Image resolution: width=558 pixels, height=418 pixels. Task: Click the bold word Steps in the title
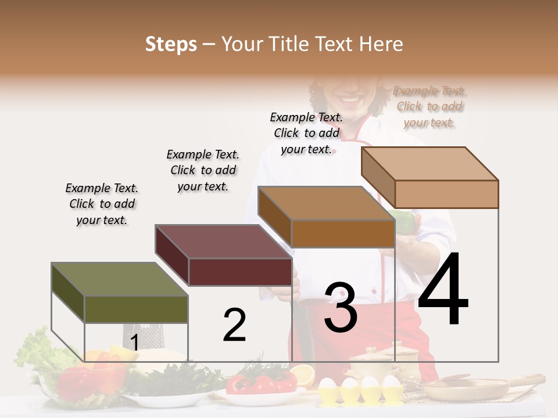[x=171, y=44]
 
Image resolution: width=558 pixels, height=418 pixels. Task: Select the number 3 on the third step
[x=341, y=308]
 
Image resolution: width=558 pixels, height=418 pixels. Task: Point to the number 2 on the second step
[x=234, y=325]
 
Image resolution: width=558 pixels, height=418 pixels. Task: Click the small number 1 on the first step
[x=134, y=343]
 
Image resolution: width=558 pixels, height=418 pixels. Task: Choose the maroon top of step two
[x=223, y=242]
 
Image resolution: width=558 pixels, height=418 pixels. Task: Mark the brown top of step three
[x=325, y=204]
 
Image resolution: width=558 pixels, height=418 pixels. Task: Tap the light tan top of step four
[x=429, y=164]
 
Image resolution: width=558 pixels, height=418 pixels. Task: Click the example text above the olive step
[x=102, y=204]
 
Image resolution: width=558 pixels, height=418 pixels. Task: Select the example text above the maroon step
[x=203, y=170]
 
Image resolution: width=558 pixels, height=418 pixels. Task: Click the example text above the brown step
[x=306, y=133]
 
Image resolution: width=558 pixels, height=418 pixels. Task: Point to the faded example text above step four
[x=429, y=107]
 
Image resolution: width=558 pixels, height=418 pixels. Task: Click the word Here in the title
[x=381, y=44]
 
